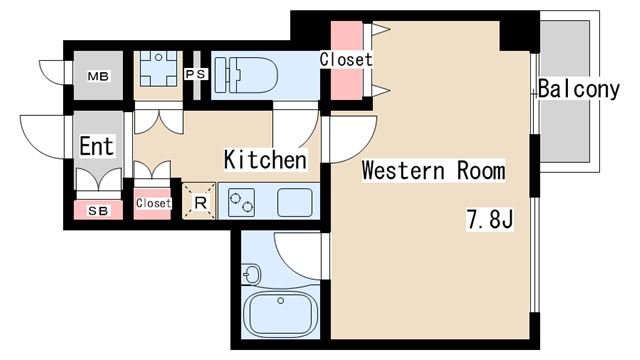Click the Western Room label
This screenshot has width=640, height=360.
433,170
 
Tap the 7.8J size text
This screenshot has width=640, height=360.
490,220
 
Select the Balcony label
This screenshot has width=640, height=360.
579,89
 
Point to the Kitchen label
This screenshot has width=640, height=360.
265,160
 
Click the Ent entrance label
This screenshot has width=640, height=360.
96,146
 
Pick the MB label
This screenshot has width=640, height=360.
98,76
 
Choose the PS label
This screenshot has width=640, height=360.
196,74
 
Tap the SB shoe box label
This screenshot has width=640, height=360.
98,211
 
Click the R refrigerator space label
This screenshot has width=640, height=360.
200,202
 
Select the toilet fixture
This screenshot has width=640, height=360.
246,75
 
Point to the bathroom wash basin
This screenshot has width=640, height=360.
251,273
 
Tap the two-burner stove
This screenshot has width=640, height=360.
241,202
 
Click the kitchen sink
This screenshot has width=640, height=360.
295,202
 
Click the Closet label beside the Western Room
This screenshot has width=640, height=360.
346,60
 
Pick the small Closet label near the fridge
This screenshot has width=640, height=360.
153,203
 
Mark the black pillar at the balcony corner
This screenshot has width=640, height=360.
519,36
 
